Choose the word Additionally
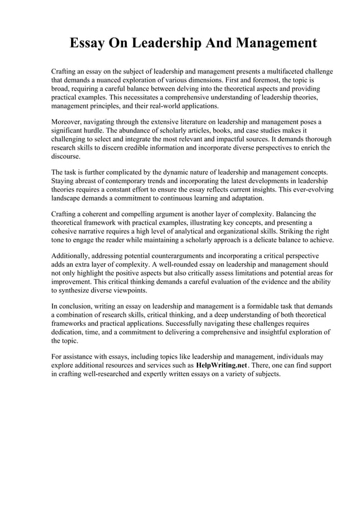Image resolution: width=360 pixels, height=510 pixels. click(x=72, y=255)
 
